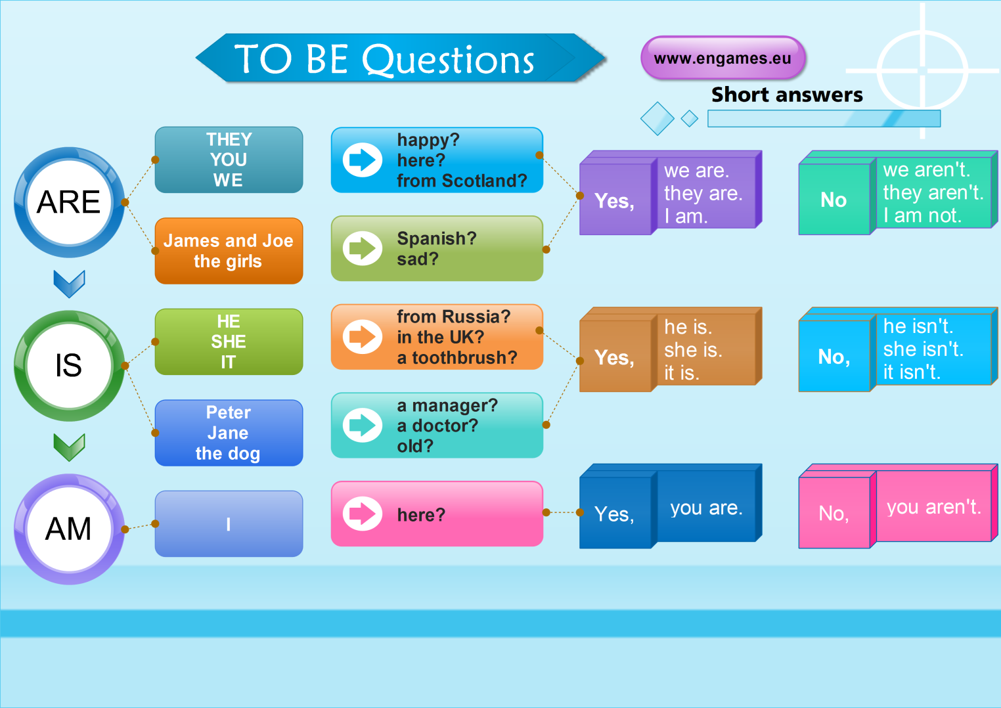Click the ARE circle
69,202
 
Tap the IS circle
69,366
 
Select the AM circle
69,529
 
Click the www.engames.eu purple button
723,58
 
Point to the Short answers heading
787,95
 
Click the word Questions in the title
449,60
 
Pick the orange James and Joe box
229,251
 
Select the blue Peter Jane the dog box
229,433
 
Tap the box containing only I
229,524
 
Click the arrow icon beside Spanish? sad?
362,248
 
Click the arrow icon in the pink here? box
362,514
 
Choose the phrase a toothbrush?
457,358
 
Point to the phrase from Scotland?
462,181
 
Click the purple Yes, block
615,200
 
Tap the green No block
834,200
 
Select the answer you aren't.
933,508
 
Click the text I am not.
922,215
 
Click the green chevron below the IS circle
69,447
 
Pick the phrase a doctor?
437,426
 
